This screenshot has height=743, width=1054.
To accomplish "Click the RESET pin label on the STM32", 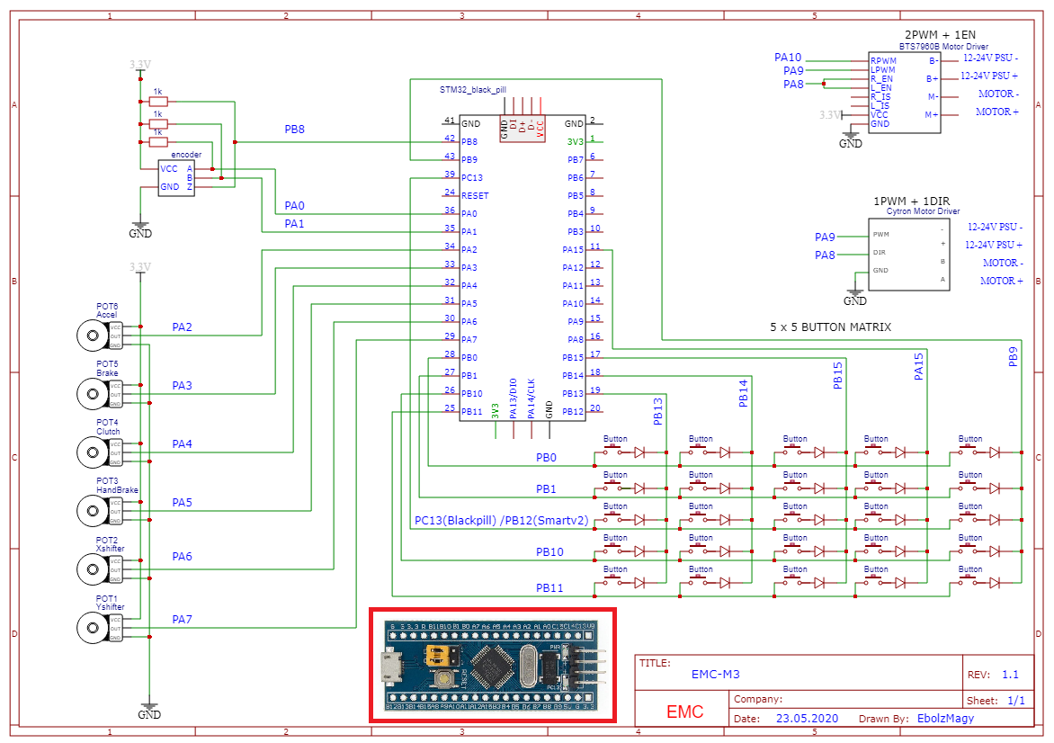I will (x=475, y=195).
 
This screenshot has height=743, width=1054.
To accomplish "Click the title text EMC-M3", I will (x=716, y=674).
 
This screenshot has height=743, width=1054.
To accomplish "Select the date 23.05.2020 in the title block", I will (x=807, y=719).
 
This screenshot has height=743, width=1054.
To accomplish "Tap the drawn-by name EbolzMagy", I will (x=945, y=719).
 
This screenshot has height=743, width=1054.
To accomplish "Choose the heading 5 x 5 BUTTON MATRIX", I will (x=831, y=327).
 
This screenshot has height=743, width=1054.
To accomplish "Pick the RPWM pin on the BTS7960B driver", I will (x=883, y=61).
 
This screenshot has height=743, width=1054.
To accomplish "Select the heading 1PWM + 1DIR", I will (x=910, y=201).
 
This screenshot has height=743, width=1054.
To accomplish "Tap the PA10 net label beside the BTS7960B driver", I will (x=788, y=58).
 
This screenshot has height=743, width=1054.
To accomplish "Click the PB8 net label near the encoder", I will (x=295, y=130).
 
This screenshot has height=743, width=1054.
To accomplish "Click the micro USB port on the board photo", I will (x=392, y=667).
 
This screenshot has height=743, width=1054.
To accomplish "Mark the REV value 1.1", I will (x=1010, y=675).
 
